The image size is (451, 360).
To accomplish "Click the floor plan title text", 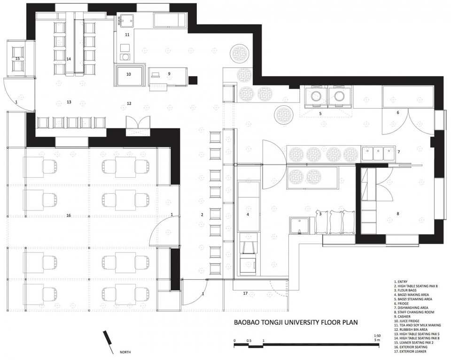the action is click(x=296, y=322).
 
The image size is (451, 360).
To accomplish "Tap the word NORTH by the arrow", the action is click(x=125, y=352).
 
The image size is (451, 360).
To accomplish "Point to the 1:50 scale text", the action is click(x=377, y=336).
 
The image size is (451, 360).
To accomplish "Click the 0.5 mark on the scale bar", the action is click(x=249, y=341).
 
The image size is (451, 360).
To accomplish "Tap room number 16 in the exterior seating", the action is click(x=69, y=216).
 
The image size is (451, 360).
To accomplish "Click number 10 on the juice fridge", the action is click(x=129, y=74).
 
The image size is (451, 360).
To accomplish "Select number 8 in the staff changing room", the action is click(x=398, y=214).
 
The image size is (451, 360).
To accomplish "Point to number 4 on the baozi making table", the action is click(x=248, y=214).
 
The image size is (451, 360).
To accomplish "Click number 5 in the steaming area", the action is click(x=320, y=114).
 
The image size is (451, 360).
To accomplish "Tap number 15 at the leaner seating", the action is click(x=17, y=59).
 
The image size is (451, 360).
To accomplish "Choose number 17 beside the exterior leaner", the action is click(x=245, y=294).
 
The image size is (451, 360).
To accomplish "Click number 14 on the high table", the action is click(x=69, y=59).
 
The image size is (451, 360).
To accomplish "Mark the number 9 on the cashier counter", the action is click(x=169, y=74).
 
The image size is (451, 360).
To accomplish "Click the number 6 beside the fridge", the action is click(x=398, y=112).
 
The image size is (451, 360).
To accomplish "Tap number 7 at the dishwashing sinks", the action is click(x=399, y=152).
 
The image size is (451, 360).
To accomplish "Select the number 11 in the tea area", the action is click(x=127, y=35).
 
